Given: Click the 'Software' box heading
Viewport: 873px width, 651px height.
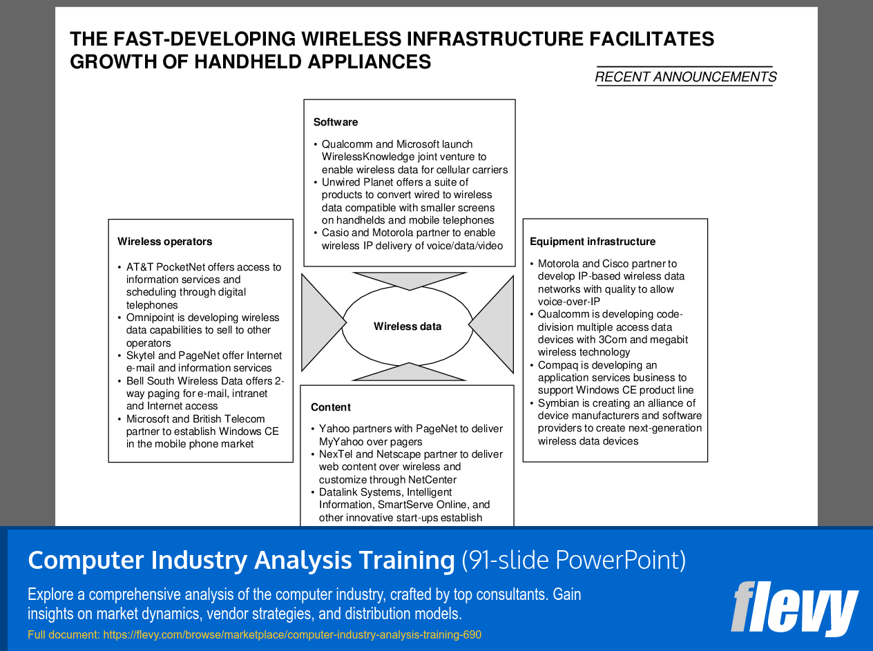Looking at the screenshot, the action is click(335, 122).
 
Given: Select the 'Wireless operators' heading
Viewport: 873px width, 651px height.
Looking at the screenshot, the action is click(164, 242).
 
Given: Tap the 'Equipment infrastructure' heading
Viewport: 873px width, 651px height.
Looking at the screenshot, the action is click(593, 242).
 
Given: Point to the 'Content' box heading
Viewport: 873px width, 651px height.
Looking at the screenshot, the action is click(331, 407).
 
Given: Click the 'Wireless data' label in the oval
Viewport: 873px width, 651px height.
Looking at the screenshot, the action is click(407, 327).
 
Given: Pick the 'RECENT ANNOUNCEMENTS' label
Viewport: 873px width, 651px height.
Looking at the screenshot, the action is click(685, 77).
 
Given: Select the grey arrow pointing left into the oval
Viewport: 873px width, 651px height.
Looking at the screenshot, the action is click(491, 324).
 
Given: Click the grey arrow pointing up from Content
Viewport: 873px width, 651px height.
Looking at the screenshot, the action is click(409, 371).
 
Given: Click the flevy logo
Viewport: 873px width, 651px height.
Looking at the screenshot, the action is click(794, 608).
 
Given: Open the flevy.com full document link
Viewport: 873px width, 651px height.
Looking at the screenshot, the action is click(292, 634).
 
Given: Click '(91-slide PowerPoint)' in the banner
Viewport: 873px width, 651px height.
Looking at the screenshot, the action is click(573, 560).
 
